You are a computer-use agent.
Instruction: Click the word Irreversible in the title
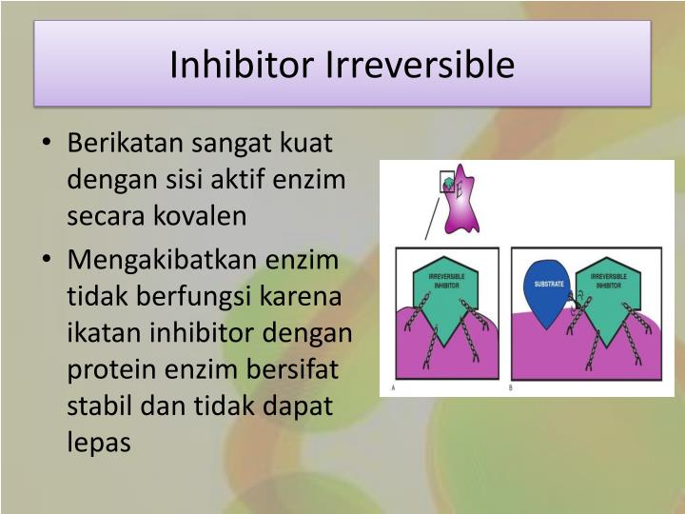point(421,65)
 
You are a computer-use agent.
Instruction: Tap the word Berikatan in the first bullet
point(127,144)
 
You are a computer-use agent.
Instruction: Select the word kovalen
point(205,216)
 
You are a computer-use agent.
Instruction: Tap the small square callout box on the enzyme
point(447,183)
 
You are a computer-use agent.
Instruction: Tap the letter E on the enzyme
point(460,190)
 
